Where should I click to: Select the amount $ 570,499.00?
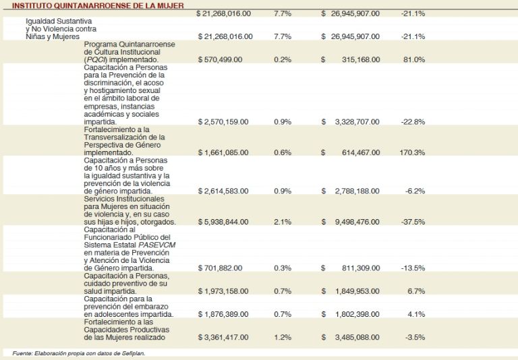[x=220, y=59]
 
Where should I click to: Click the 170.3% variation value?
[x=412, y=152]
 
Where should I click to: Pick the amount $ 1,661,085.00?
[x=223, y=152]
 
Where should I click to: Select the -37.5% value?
[x=413, y=222]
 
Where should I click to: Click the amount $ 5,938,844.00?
[x=223, y=222]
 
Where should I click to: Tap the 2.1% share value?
[x=283, y=222]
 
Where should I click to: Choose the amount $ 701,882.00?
[x=220, y=268]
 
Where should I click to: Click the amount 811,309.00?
[x=361, y=268]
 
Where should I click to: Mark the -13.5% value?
[x=413, y=268]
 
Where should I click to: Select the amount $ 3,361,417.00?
[x=223, y=337]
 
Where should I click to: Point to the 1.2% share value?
[x=283, y=337]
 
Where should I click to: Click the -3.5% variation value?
[x=415, y=337]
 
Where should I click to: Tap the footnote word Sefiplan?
[x=135, y=353]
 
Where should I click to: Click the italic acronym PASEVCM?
[x=157, y=245]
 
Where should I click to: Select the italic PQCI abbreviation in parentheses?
[x=96, y=59]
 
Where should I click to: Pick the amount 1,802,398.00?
[x=357, y=314]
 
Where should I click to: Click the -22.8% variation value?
[x=413, y=121]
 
